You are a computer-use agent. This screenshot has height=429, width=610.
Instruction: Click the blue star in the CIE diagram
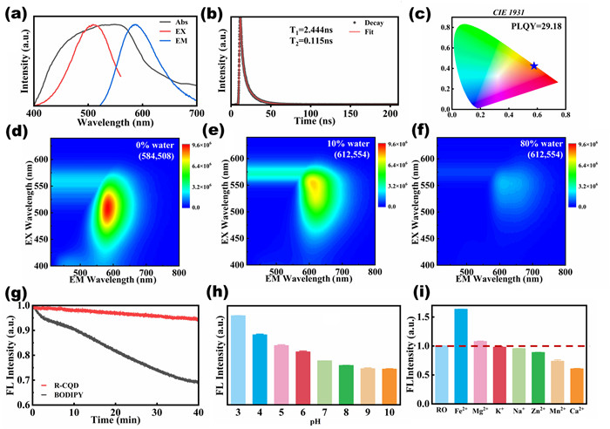click(x=533, y=66)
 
